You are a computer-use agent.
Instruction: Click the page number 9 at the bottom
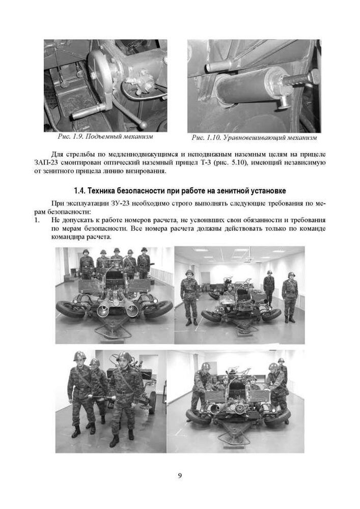click(x=180, y=476)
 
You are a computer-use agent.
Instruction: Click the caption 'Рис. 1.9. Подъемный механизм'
click(x=105, y=136)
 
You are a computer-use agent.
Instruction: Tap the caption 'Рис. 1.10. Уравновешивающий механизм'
click(x=254, y=137)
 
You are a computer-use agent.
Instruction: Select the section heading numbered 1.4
click(x=180, y=190)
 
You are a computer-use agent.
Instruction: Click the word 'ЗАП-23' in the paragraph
click(x=43, y=163)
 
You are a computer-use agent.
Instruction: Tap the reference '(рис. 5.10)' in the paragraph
click(x=232, y=163)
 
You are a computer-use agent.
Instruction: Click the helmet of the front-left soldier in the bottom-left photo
click(x=79, y=356)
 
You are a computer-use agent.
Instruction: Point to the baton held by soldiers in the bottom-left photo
click(x=101, y=397)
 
